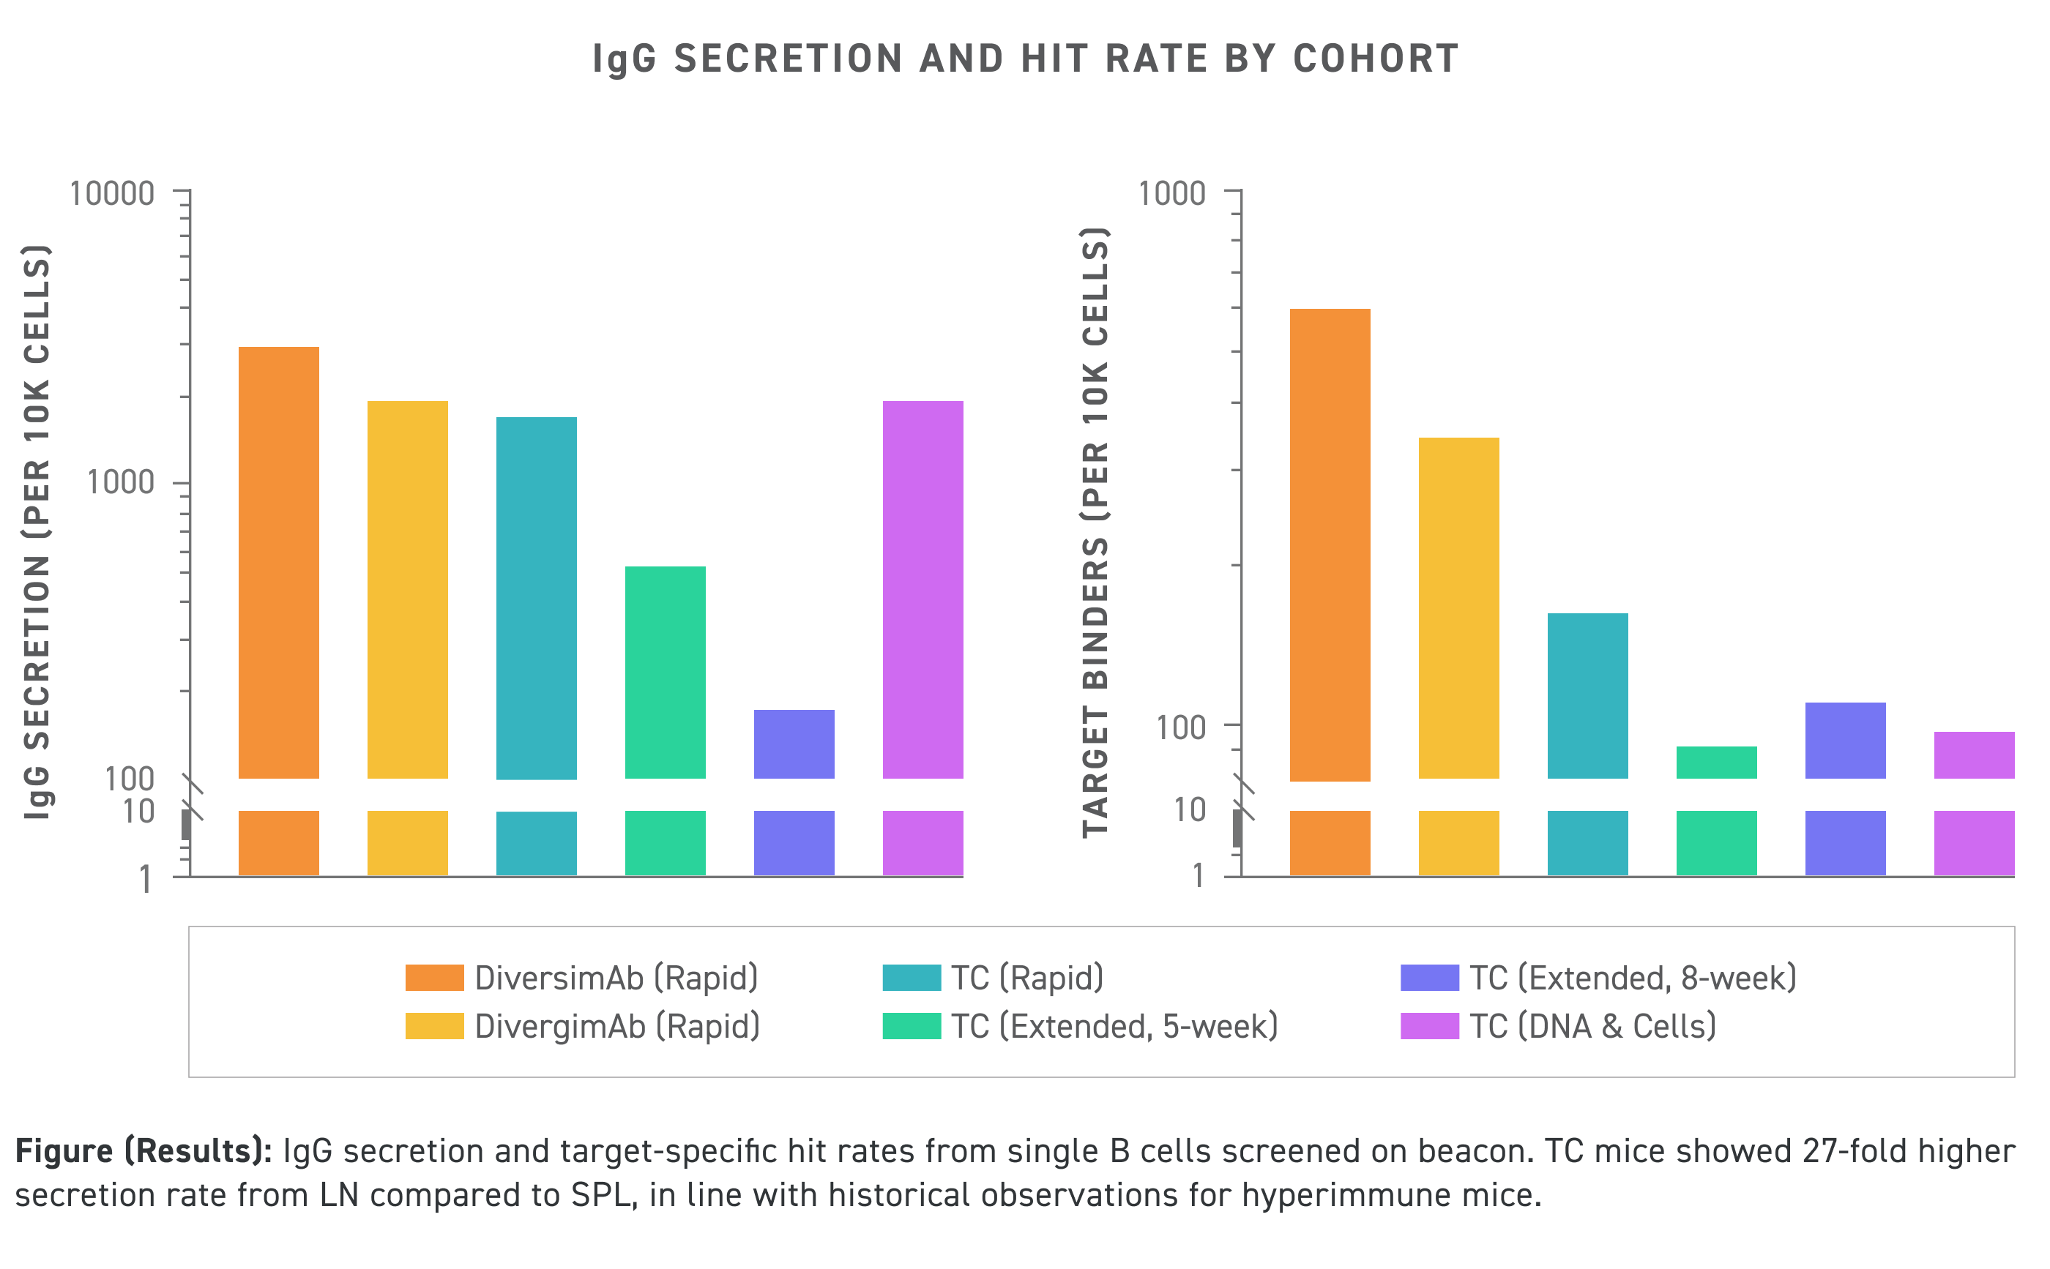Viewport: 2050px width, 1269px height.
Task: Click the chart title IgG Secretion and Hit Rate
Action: click(1024, 59)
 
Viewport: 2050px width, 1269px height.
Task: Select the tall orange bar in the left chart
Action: click(279, 562)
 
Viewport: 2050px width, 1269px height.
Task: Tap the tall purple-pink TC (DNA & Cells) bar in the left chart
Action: click(922, 589)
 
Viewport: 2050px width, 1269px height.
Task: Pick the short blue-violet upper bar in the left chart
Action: click(794, 744)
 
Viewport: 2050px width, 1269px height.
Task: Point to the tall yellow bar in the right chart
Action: click(1458, 607)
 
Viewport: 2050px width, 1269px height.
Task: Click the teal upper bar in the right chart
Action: click(1587, 695)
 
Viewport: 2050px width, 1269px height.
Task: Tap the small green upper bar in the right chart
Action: click(1716, 762)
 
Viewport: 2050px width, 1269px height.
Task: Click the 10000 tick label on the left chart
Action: click(111, 194)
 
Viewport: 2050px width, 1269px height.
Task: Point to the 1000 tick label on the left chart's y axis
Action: click(121, 482)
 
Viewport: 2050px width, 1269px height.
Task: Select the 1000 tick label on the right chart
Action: click(1171, 194)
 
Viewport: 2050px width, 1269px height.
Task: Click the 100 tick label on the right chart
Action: click(1180, 727)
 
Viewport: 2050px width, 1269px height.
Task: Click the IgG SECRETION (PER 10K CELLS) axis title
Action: click(37, 532)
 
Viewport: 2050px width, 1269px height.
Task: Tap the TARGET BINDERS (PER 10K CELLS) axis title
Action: click(1095, 532)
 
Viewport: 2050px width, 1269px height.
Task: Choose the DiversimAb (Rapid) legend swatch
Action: click(434, 978)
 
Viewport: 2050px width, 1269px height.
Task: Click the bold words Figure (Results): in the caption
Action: click(143, 1150)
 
